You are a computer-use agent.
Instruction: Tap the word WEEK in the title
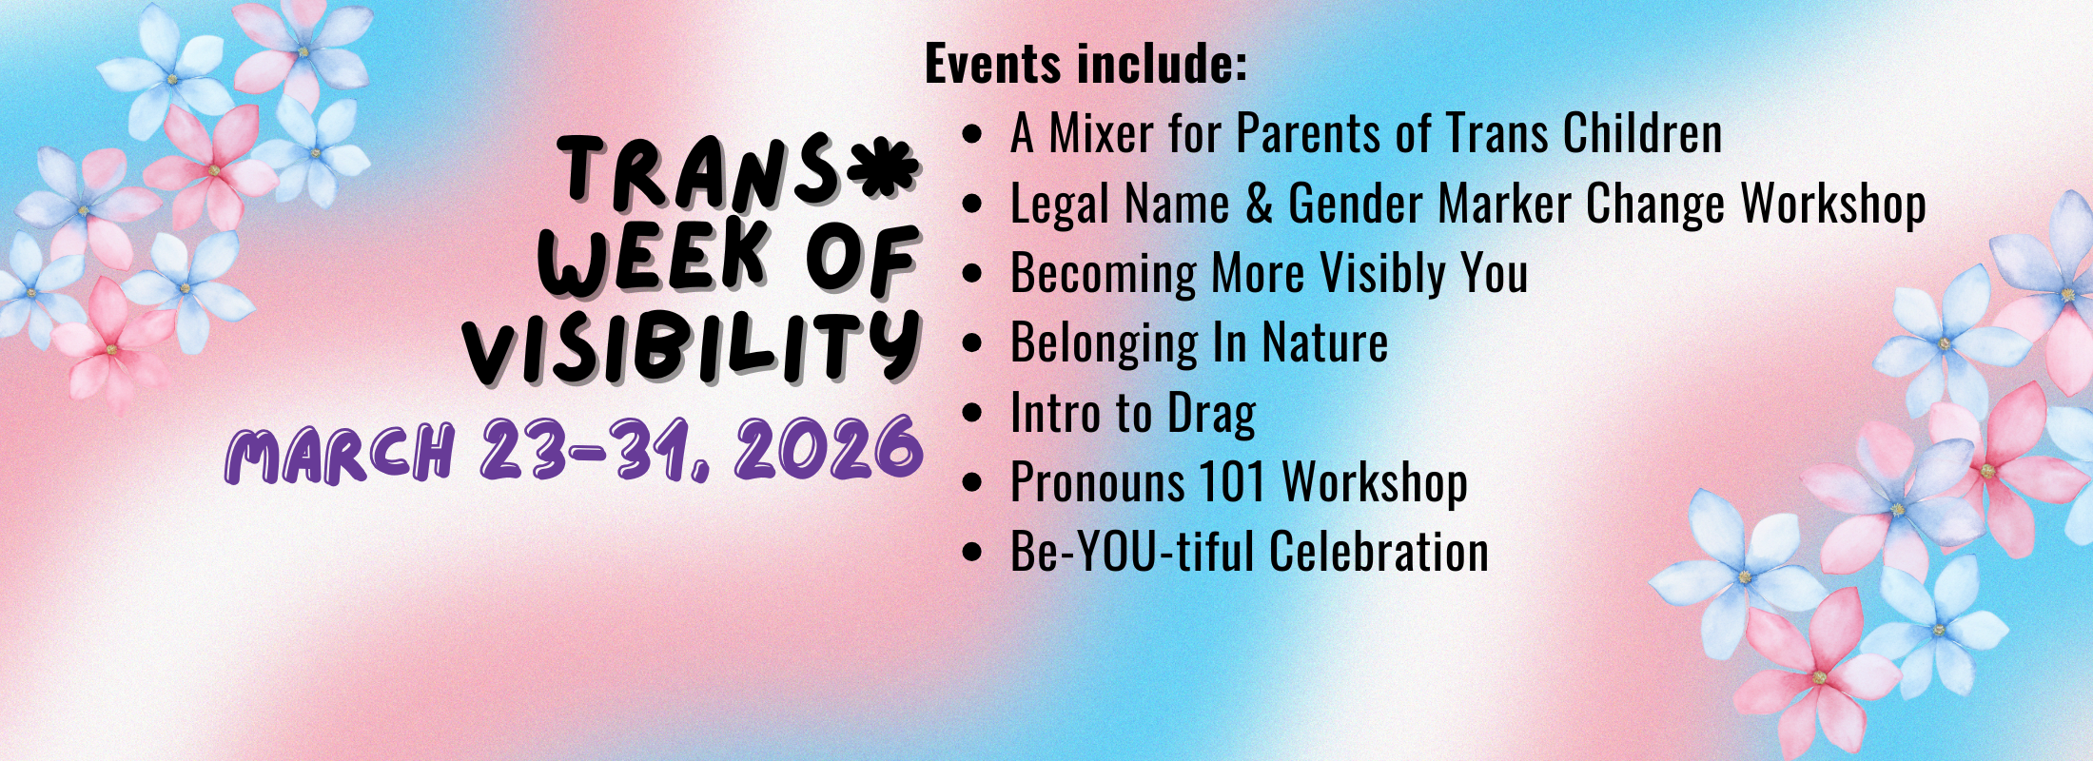click(654, 259)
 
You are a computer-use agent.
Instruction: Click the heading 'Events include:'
click(1086, 64)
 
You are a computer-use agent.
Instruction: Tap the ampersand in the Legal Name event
click(1259, 204)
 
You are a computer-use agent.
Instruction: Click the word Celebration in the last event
click(1379, 552)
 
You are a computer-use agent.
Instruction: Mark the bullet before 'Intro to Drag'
click(971, 413)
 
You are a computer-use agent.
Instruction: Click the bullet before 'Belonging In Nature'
click(971, 343)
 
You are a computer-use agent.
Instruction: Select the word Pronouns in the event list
click(1097, 482)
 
